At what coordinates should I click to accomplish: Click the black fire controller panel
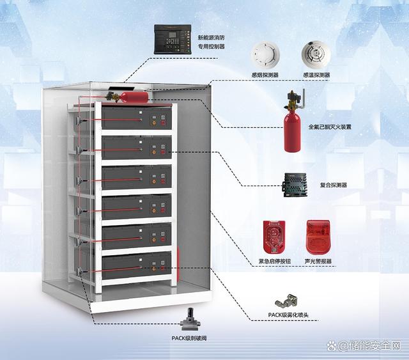click(x=172, y=39)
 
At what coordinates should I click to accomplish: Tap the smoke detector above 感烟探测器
click(x=265, y=54)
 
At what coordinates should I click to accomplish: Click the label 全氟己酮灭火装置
click(x=330, y=127)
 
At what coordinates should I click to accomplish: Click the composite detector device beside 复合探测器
click(x=294, y=185)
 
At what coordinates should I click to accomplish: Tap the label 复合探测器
click(x=334, y=185)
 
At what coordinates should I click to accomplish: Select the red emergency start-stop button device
click(x=274, y=237)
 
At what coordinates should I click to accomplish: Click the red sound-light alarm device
click(x=318, y=237)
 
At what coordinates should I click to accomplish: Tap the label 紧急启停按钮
click(x=274, y=262)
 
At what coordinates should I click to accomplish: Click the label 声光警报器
click(x=318, y=262)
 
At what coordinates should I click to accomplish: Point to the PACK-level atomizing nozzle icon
click(x=286, y=302)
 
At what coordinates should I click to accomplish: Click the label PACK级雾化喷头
click(x=288, y=315)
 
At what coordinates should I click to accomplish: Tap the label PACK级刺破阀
click(x=189, y=338)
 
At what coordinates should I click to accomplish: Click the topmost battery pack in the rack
click(x=136, y=118)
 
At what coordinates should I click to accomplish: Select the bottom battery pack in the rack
click(x=136, y=265)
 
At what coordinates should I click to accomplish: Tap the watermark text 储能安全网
click(x=373, y=346)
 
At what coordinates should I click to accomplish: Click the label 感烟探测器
click(x=265, y=75)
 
